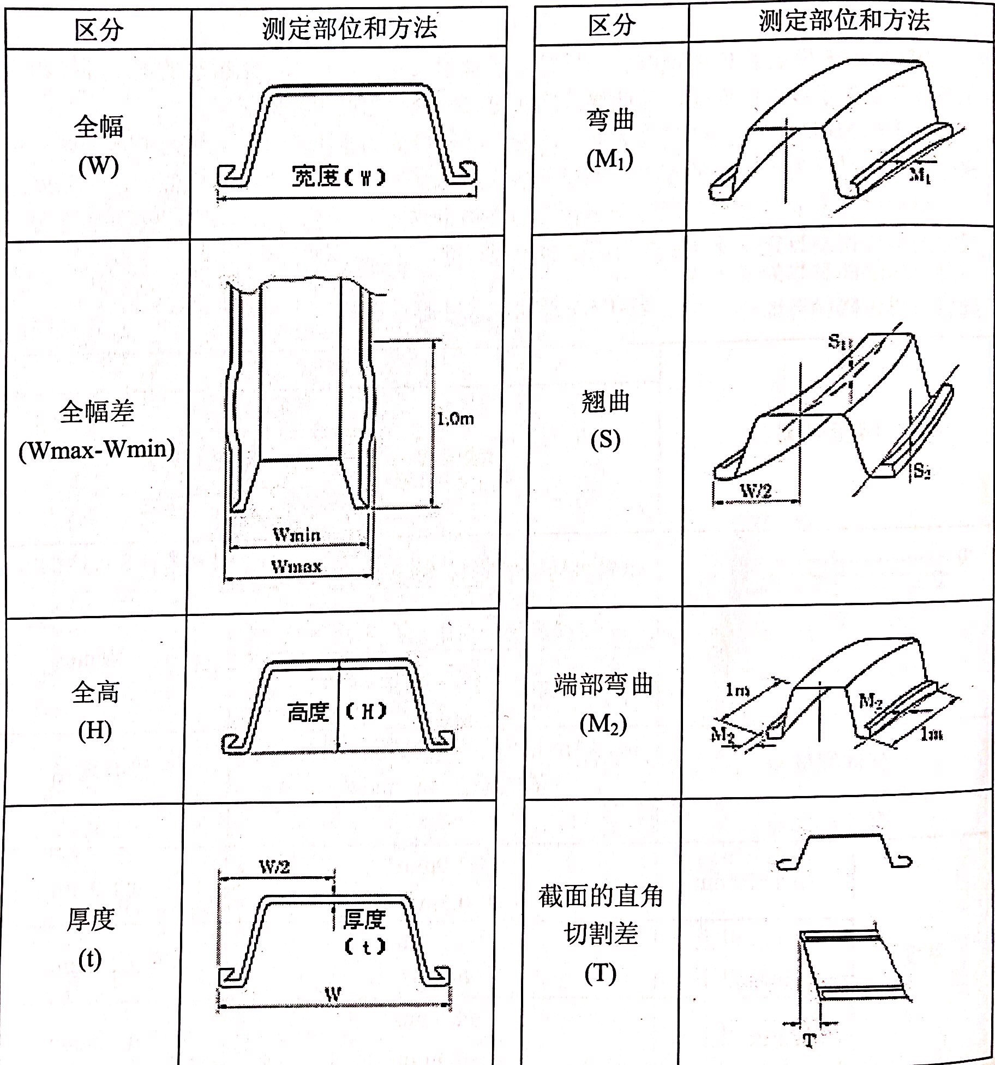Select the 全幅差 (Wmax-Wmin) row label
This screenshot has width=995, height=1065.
[97, 430]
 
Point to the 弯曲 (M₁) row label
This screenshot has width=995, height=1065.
[610, 139]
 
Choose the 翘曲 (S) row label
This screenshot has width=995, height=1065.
[606, 420]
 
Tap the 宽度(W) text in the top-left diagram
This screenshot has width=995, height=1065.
[338, 177]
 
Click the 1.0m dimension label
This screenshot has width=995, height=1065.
[455, 419]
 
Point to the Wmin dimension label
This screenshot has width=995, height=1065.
[297, 534]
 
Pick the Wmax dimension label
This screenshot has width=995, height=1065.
[297, 566]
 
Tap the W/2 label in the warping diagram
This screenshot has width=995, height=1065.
[756, 490]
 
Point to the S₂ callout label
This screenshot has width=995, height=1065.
[922, 470]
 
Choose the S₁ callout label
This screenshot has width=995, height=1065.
[839, 342]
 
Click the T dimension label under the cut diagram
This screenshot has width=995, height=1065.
[810, 1041]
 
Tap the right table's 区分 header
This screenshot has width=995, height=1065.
[612, 25]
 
